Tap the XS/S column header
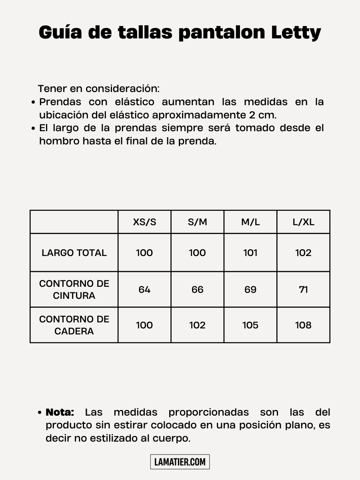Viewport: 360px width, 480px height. (144, 222)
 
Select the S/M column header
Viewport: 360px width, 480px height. (197, 222)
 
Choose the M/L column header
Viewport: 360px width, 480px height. (250, 222)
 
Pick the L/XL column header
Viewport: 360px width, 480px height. (303, 222)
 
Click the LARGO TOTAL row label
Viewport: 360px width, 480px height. (74, 253)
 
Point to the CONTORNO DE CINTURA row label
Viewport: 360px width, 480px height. (74, 290)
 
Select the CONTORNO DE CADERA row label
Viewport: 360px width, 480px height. (74, 325)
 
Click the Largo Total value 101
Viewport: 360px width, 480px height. (250, 253)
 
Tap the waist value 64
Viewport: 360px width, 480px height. (144, 290)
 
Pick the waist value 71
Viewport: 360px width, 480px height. (303, 290)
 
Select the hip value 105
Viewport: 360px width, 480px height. (250, 325)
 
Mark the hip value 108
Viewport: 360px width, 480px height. (303, 325)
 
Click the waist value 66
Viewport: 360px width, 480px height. (197, 290)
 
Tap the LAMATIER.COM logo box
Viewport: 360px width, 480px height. (180, 462)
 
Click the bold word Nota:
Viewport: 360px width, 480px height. (60, 412)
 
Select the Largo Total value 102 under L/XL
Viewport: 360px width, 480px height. (303, 253)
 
